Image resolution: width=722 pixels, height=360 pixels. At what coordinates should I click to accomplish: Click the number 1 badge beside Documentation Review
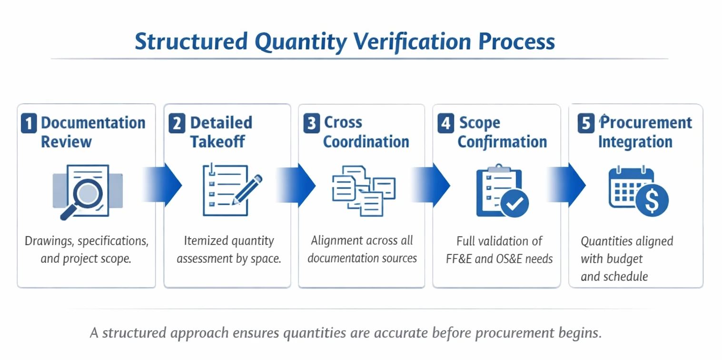pos(29,123)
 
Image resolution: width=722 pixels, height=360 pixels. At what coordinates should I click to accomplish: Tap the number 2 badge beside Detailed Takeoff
pos(177,123)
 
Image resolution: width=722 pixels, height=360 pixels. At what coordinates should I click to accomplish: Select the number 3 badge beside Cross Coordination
pos(311,123)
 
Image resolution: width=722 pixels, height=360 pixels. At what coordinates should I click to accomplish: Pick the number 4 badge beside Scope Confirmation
pos(445,123)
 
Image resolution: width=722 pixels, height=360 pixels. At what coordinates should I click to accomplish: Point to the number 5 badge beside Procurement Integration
pos(585,123)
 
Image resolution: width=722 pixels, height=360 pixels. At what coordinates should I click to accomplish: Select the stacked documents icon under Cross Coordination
pos(363,191)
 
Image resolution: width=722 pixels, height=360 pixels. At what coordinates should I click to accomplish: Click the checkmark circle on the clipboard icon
pos(514,204)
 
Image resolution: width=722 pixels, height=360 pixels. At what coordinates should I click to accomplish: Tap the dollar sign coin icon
pos(653,200)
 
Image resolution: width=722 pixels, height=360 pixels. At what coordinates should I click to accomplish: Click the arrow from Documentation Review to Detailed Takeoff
pos(164,185)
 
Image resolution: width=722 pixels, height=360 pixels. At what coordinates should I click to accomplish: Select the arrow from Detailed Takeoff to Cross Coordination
pos(297,185)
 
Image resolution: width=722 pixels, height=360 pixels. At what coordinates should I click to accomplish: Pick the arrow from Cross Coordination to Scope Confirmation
pos(432,185)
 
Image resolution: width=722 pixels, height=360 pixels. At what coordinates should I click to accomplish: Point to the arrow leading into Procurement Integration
pos(568,185)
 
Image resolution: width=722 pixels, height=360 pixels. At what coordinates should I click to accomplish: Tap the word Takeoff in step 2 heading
pos(218,141)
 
